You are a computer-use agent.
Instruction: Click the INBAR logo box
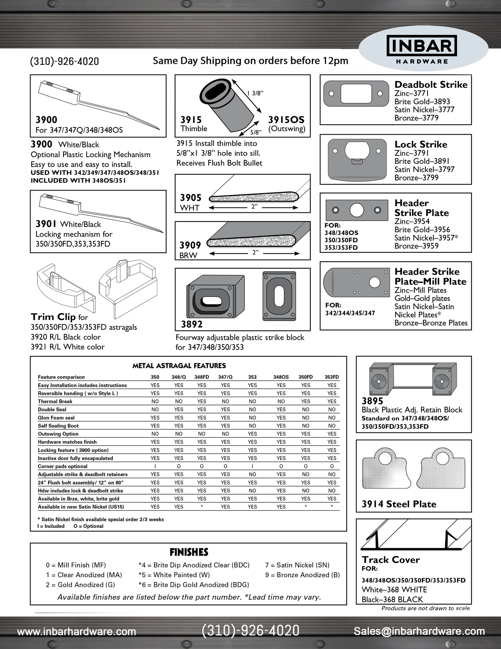tap(422, 46)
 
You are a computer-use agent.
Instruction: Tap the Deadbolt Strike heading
tap(431, 85)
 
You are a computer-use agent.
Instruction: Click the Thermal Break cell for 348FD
tap(201, 402)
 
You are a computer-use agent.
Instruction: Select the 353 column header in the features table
tap(252, 377)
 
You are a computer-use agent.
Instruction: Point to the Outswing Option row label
tap(58, 434)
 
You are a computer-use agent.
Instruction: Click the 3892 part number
tap(192, 324)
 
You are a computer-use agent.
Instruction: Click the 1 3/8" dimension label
tap(255, 93)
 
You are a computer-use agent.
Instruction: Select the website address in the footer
tap(77, 631)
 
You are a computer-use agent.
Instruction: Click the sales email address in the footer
tap(419, 631)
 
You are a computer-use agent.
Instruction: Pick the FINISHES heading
tap(189, 552)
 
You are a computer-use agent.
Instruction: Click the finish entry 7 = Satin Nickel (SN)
tap(297, 565)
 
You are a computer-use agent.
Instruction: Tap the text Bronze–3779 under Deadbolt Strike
tap(416, 118)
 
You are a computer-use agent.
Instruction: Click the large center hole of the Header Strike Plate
tap(357, 210)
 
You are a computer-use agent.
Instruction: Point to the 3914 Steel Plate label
tap(399, 504)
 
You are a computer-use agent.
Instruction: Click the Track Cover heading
tap(391, 559)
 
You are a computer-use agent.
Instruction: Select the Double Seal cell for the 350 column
tap(155, 410)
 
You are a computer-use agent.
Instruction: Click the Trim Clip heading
tap(53, 317)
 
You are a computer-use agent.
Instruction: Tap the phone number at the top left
tap(64, 61)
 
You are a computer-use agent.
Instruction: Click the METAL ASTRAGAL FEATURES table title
tap(179, 366)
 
